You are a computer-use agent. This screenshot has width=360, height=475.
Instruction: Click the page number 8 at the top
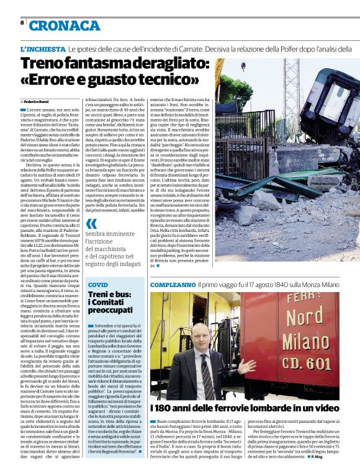point(22,23)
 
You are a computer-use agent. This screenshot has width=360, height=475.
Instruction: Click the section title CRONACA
point(64,25)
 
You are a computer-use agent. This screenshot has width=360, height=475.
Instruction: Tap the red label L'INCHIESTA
point(43,48)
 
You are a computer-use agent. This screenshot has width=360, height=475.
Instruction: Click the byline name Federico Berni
point(37,100)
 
